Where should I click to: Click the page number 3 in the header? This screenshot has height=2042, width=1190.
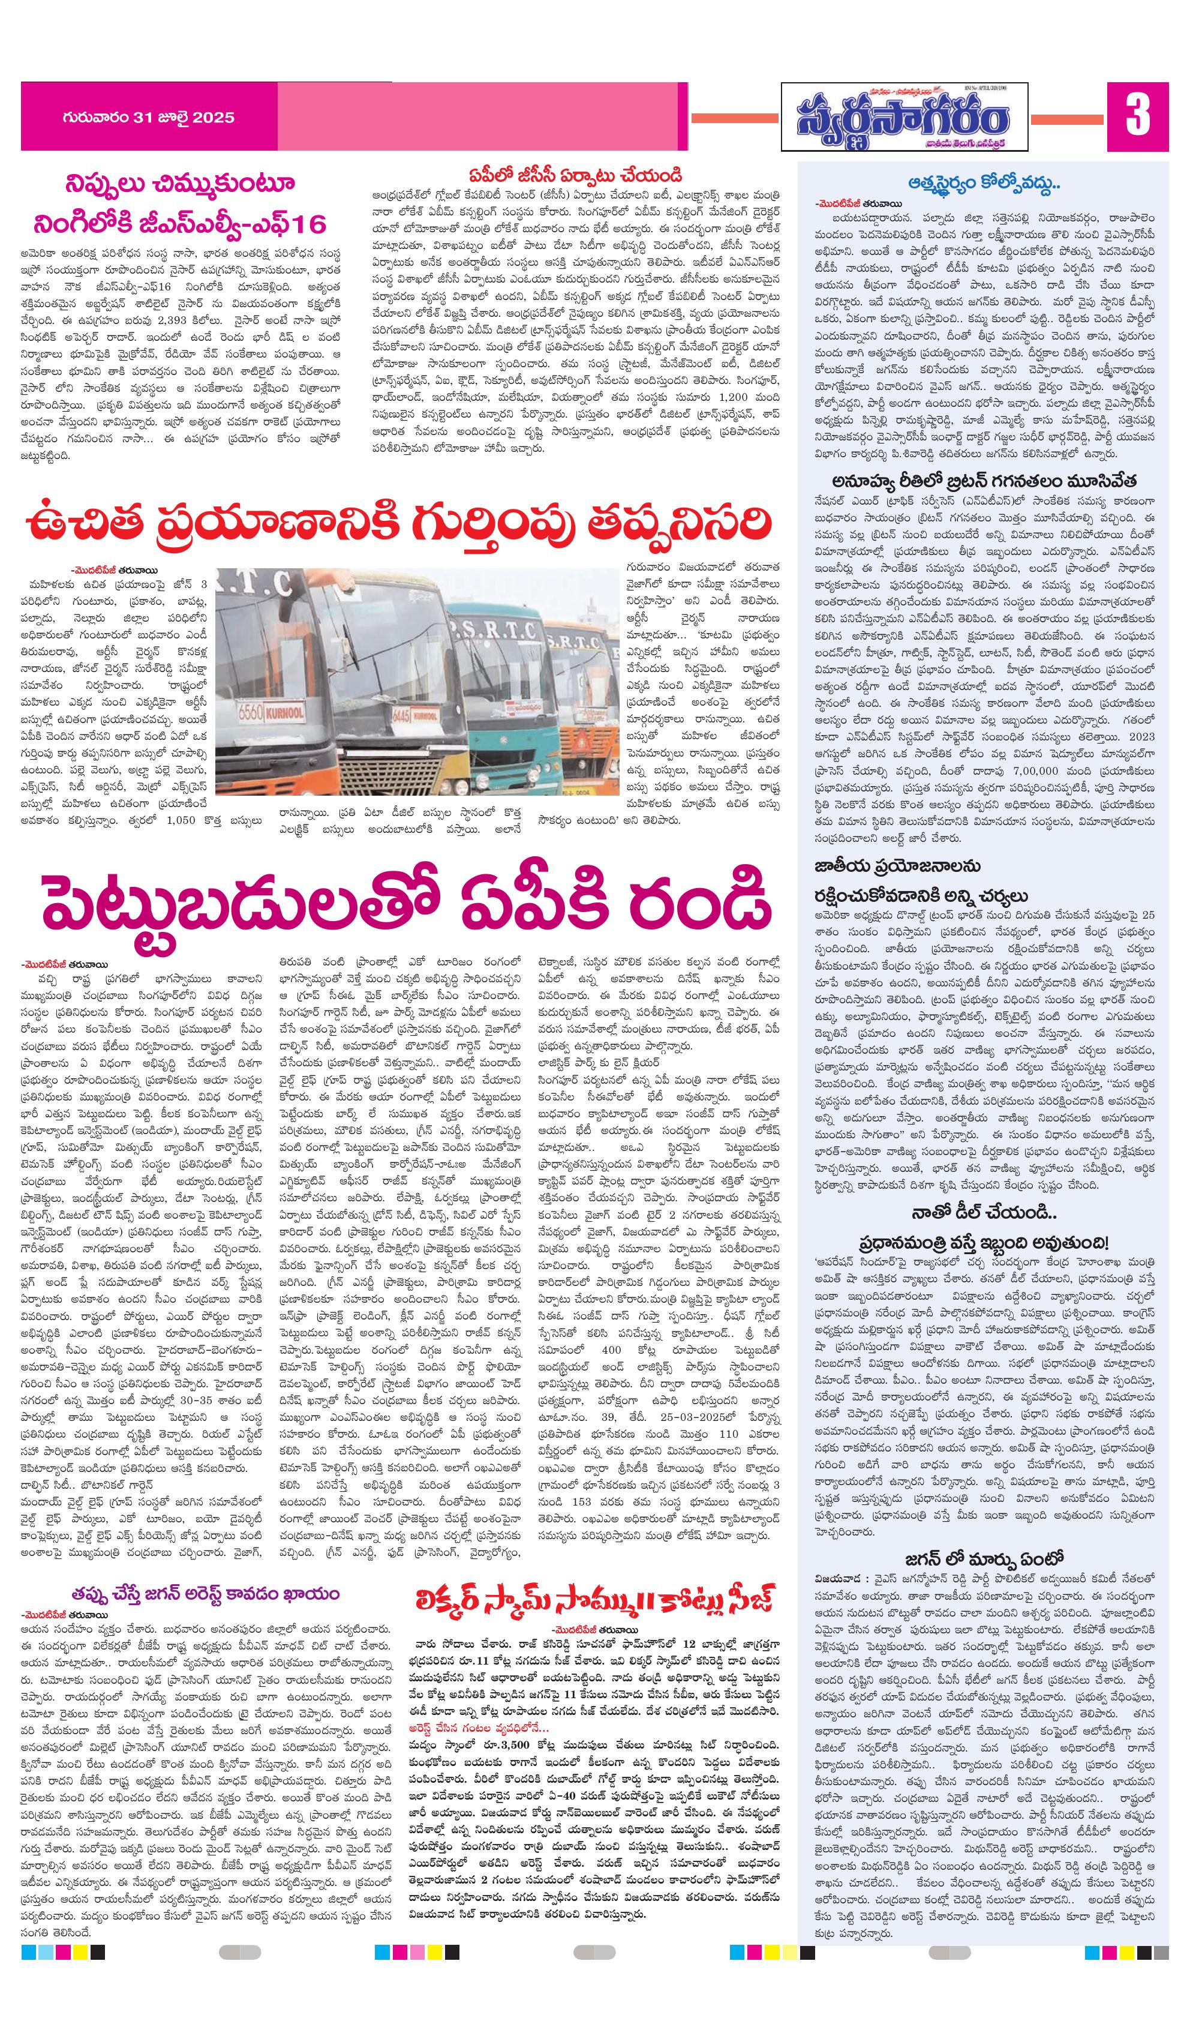coord(1137,116)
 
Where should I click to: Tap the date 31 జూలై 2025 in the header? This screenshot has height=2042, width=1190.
coord(148,118)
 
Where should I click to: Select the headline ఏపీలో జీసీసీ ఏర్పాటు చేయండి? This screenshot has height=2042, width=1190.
coord(576,175)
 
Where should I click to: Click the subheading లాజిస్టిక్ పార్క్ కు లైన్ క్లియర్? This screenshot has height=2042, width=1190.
coord(599,1062)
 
